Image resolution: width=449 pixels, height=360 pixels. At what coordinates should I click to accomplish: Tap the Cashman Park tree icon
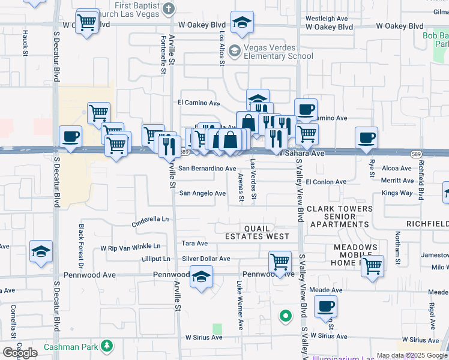[x=107, y=346]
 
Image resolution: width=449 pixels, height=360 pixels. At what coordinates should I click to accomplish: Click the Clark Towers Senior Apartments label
[x=339, y=217]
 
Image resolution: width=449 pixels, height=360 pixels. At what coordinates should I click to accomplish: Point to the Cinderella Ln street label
[x=151, y=220]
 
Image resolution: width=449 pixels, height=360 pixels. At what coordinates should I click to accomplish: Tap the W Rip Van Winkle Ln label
[x=130, y=247]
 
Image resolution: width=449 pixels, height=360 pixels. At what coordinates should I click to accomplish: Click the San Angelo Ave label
[x=203, y=193]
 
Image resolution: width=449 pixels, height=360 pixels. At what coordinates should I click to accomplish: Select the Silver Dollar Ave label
[x=206, y=259]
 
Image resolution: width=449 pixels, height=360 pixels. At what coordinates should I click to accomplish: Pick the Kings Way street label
[x=397, y=193]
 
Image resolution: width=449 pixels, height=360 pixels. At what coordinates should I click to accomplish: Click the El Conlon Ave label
[x=326, y=181]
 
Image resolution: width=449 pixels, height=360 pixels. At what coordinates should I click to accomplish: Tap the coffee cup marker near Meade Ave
[x=325, y=306]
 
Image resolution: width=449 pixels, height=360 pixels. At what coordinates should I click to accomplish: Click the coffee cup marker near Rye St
[x=366, y=138]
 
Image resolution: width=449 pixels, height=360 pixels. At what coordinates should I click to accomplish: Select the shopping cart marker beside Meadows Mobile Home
[x=372, y=265]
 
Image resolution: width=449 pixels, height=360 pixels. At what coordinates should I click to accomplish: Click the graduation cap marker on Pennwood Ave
[x=202, y=277]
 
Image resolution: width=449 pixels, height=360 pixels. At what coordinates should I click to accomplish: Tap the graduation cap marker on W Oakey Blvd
[x=242, y=23]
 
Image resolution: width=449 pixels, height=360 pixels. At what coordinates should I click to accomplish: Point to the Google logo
[x=20, y=352]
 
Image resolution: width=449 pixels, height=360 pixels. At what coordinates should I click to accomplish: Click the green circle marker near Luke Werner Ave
[x=286, y=315]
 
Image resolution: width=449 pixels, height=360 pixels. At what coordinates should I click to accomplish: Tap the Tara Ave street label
[x=194, y=244]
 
